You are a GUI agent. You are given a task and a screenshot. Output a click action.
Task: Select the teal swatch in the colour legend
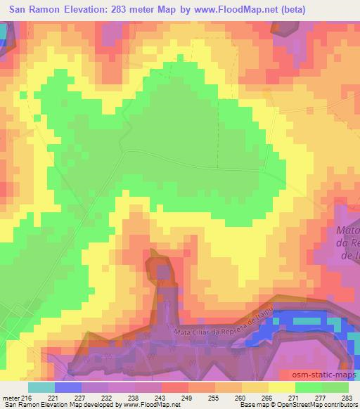(x=41, y=387)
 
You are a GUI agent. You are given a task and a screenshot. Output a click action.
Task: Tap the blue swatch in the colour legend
(x=67, y=387)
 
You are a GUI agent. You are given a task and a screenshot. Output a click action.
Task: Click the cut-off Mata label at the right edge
(x=349, y=231)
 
